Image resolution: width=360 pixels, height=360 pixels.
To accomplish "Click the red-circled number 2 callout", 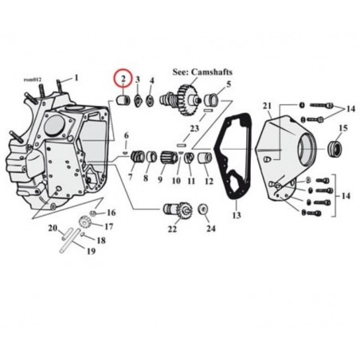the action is click(x=123, y=78).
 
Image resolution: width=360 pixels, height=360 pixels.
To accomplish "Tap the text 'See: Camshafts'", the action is click(x=202, y=72).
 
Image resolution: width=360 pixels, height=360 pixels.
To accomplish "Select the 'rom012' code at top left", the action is click(x=33, y=80).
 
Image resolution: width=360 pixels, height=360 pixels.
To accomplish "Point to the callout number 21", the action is click(x=267, y=106).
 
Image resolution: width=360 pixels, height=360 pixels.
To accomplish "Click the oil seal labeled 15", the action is click(x=335, y=149).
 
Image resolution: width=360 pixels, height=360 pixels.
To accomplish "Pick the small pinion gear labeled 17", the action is click(x=85, y=221).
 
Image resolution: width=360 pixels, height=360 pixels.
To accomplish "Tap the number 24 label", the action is click(x=211, y=229).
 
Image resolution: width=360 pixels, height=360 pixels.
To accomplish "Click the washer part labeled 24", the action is click(x=203, y=209).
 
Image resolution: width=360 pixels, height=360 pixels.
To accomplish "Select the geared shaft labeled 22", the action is click(x=176, y=210).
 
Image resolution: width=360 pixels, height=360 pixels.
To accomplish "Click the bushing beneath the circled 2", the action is click(x=123, y=100).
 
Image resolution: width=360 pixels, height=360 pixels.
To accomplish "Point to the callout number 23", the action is click(x=194, y=128).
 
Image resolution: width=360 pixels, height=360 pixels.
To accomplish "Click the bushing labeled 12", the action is click(x=205, y=158).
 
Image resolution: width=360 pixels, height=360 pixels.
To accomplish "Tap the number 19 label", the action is click(x=91, y=251).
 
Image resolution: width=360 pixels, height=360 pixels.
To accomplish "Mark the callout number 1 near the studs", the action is click(x=76, y=78).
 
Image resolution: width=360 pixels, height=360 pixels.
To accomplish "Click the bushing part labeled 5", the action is click(x=211, y=100).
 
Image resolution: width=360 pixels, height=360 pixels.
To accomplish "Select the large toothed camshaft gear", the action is click(x=188, y=99).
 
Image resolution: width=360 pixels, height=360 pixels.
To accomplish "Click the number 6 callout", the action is click(x=127, y=135).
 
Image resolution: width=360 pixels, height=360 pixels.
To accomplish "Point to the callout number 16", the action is click(x=112, y=213).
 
